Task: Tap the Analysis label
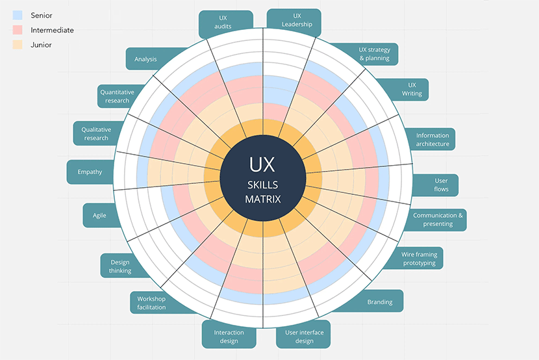click(x=145, y=59)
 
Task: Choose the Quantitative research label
click(x=117, y=96)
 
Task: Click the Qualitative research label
click(x=96, y=133)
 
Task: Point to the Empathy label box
click(x=90, y=172)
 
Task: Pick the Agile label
click(x=99, y=215)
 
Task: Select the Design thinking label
click(x=120, y=266)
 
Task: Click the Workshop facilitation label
click(x=151, y=303)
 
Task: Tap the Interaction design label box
click(x=229, y=336)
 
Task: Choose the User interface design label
click(x=304, y=337)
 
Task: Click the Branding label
click(x=380, y=302)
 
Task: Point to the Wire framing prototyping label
click(x=419, y=259)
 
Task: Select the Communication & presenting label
click(x=438, y=220)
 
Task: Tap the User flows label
click(x=441, y=185)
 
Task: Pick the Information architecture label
click(x=432, y=140)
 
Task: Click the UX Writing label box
click(x=412, y=89)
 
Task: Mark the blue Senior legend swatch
click(x=18, y=14)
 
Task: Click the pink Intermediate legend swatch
click(x=18, y=30)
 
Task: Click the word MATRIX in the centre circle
click(x=263, y=199)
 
